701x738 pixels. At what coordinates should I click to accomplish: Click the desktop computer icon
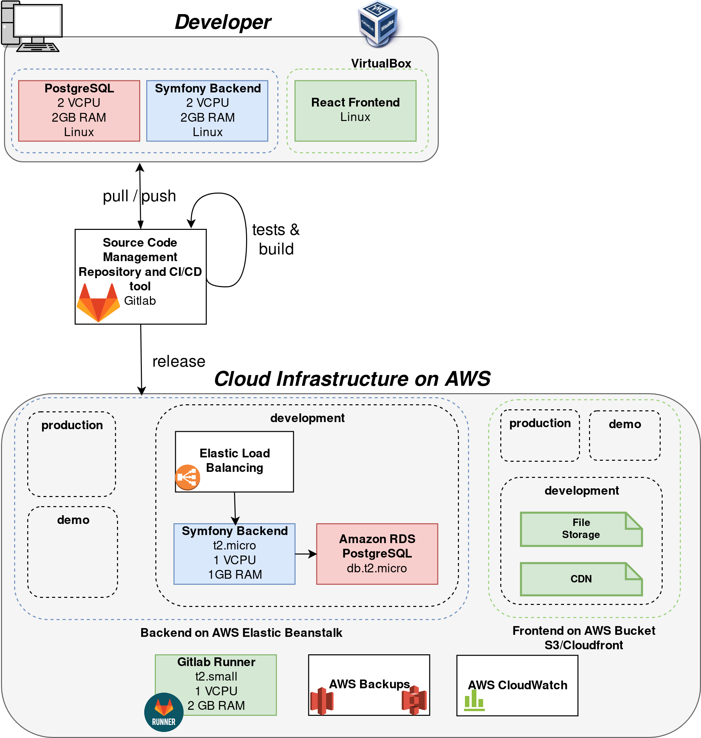[x=31, y=26]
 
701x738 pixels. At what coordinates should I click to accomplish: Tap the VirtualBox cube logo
[x=378, y=23]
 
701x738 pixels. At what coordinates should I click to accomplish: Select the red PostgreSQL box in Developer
[x=79, y=111]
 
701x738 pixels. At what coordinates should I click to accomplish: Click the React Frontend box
[x=355, y=111]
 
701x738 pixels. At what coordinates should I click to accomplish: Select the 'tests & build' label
[x=276, y=239]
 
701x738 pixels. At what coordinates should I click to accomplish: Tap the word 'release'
[x=179, y=362]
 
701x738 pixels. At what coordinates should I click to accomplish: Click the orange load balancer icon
[x=188, y=477]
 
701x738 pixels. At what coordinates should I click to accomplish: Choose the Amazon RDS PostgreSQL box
[x=377, y=554]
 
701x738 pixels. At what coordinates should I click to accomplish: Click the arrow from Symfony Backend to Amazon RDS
[x=306, y=554]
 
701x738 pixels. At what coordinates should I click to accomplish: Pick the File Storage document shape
[x=581, y=529]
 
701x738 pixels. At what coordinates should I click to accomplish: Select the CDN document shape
[x=581, y=579]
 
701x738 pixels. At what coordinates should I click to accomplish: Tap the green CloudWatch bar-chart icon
[x=474, y=700]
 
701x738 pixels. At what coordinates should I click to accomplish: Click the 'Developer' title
[x=223, y=23]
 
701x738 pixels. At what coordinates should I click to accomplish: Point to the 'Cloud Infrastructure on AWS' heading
[x=352, y=379]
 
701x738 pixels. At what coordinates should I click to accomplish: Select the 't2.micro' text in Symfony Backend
[x=234, y=546]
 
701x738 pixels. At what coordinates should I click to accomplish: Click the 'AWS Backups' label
[x=369, y=684]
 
